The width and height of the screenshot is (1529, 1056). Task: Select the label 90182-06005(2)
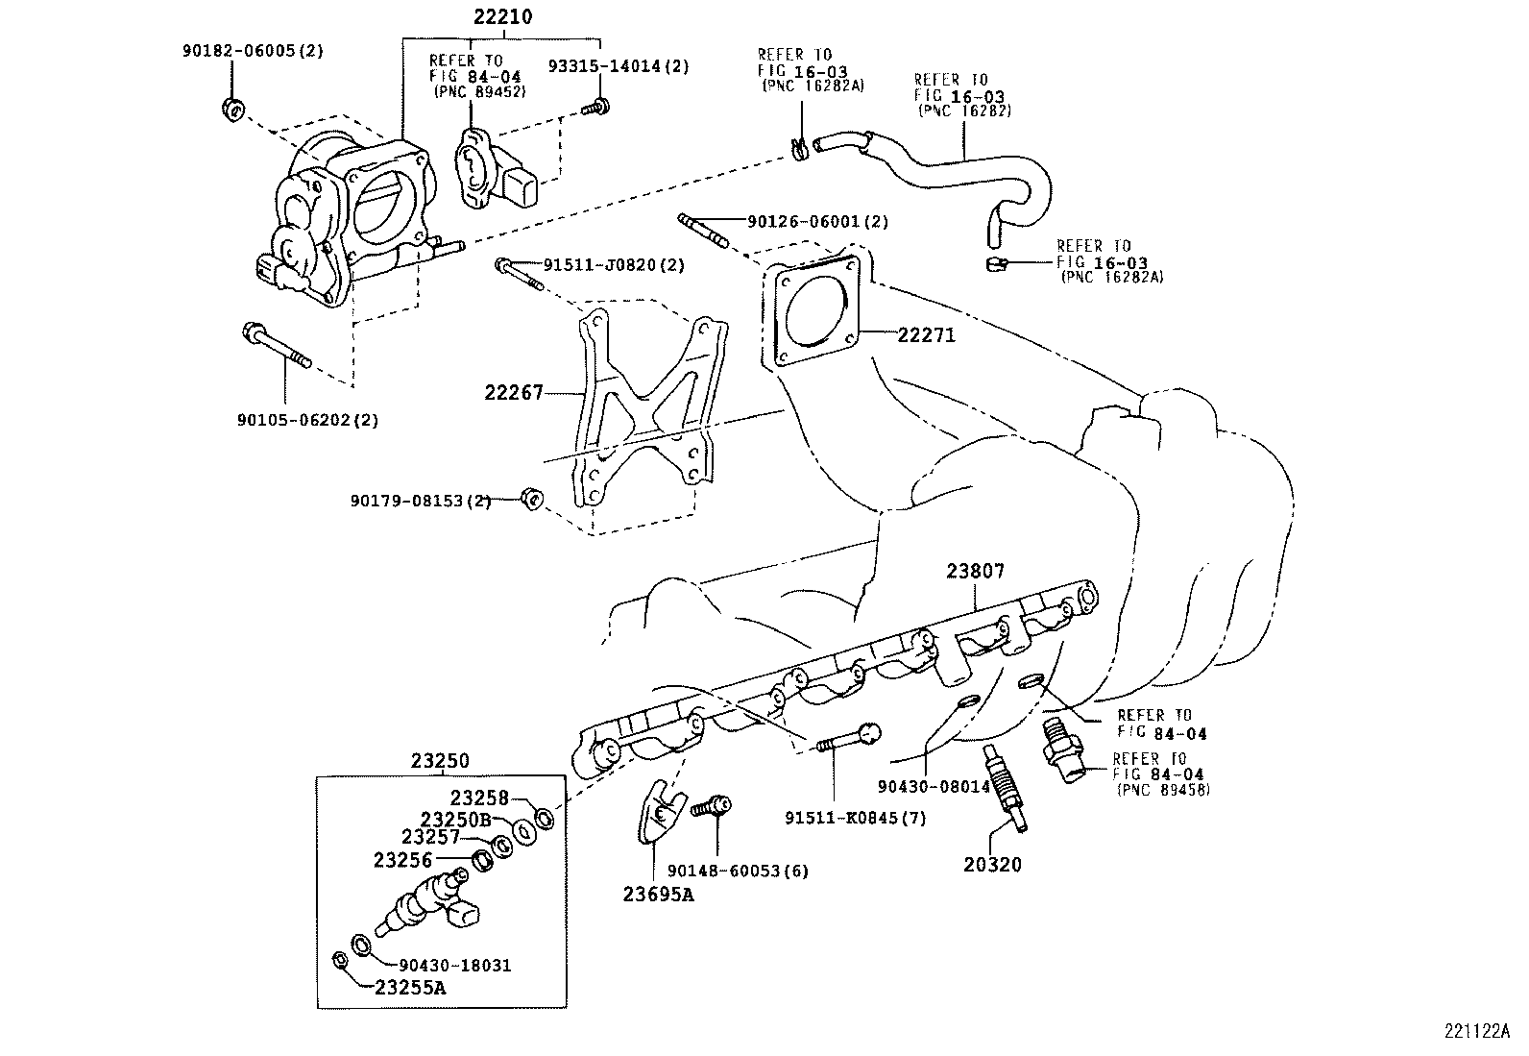[253, 52]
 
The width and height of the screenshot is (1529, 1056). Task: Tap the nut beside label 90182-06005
[231, 109]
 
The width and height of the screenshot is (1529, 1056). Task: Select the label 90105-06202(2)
[307, 420]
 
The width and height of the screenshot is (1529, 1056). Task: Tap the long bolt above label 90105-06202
[276, 347]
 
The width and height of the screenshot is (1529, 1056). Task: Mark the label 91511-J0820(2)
[614, 265]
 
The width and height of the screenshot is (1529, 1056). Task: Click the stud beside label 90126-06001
[702, 229]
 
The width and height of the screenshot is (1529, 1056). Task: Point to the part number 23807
[975, 571]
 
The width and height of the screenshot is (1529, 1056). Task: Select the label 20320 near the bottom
[992, 865]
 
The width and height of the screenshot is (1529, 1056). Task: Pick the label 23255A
[410, 986]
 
